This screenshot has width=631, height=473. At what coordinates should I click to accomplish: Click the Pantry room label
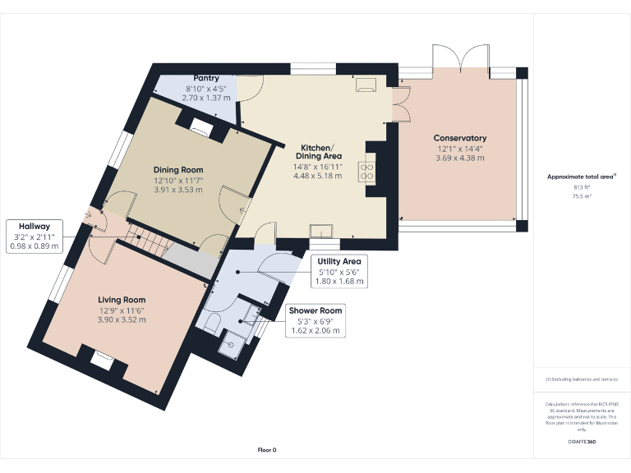coord(205,78)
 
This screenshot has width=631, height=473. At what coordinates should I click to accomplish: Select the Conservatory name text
coord(460,138)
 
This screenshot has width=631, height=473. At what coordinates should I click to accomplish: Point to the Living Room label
coord(122,300)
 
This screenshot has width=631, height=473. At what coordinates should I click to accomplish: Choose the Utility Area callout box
coord(339,270)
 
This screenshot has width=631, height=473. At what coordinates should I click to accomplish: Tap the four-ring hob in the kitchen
coord(366,171)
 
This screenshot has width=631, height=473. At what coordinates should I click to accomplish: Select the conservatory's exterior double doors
coord(463,57)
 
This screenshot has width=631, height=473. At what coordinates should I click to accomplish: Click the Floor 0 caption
coord(266,450)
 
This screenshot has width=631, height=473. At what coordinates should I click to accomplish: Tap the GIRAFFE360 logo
coord(582,443)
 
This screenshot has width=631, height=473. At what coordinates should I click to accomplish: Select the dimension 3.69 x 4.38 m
coord(460,158)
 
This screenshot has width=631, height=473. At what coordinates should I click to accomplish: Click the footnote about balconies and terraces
coord(582,379)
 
